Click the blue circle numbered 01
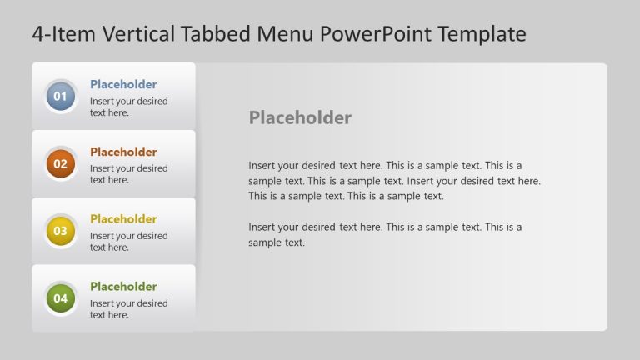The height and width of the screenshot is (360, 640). (60, 97)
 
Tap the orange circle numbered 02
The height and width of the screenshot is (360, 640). (60, 163)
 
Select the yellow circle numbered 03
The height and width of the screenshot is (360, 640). (60, 231)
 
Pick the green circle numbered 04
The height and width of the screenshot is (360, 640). (60, 298)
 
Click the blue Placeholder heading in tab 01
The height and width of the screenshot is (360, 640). (123, 84)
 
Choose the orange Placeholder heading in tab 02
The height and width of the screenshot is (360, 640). (123, 152)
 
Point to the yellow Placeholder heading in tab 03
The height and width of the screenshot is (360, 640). (123, 219)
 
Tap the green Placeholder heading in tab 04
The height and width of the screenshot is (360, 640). (123, 287)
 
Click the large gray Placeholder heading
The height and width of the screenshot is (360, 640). (300, 117)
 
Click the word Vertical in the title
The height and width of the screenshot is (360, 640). (138, 33)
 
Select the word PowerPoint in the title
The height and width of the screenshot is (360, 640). (376, 33)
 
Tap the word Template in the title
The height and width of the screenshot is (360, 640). (482, 34)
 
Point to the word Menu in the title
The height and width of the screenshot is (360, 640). (285, 33)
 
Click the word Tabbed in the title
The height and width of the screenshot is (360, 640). (216, 33)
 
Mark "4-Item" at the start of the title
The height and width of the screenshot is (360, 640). (63, 33)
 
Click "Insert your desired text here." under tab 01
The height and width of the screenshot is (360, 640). (128, 107)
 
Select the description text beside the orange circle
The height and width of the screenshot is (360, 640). (128, 174)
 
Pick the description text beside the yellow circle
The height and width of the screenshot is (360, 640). (128, 242)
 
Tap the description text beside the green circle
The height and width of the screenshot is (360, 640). (128, 309)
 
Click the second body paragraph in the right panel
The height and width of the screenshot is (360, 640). (385, 235)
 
